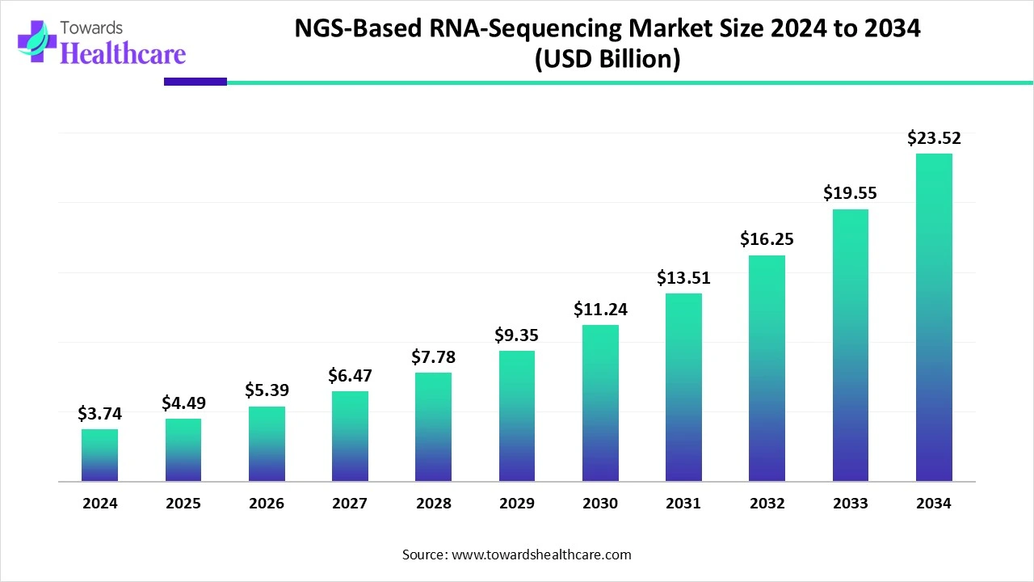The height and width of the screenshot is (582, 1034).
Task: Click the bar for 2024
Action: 99,455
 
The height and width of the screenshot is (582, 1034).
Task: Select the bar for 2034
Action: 934,318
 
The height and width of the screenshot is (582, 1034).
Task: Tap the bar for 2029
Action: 517,416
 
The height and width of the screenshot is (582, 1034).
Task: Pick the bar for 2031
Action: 683,387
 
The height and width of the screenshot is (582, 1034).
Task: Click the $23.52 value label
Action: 934,138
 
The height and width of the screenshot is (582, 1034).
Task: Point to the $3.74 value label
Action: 99,414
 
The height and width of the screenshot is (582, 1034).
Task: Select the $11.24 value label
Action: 600,310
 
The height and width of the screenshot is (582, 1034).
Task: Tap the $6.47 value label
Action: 350,376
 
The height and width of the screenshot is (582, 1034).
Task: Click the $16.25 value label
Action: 767,239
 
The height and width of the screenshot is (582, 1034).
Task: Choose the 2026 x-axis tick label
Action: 267,504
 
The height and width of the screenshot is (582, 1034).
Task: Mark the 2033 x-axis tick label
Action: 851,504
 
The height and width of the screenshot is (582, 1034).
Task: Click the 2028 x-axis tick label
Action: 433,504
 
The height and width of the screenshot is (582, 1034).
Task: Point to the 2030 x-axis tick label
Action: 600,504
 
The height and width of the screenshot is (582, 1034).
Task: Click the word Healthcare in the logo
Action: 123,53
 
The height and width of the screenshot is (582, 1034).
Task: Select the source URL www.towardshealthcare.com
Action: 540,555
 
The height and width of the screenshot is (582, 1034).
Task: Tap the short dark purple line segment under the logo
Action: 195,82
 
